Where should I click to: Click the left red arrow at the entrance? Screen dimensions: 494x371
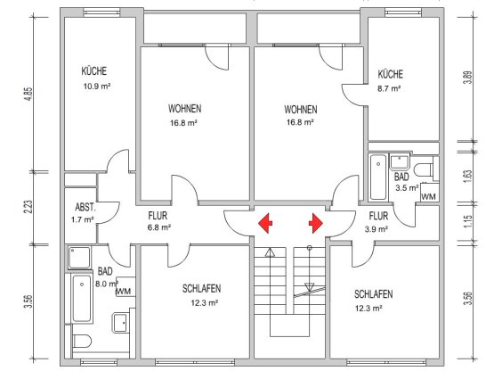265,223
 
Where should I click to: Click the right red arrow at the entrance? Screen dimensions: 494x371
316,223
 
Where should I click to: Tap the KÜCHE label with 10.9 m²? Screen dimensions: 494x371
93,70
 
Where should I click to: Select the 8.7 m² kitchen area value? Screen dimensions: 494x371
389,88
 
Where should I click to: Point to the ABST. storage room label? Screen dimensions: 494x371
85,208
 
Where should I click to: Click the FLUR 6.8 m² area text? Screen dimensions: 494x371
159,227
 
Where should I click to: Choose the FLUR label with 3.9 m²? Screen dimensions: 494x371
378,216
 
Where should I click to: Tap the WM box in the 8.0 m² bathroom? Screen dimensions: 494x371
126,286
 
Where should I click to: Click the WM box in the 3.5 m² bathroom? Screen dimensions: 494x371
430,193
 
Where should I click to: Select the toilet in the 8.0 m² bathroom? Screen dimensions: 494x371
82,342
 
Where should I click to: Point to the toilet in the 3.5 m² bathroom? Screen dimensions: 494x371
424,169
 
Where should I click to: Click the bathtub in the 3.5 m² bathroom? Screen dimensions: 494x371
378,177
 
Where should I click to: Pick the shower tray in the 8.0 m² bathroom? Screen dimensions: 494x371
79,258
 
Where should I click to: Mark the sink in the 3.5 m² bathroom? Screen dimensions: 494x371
400,162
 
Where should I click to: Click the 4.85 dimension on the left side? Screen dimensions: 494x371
28,94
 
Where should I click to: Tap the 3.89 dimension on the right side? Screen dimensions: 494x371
468,77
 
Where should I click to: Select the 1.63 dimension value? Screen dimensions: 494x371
468,177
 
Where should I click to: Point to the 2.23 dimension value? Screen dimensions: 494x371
28,207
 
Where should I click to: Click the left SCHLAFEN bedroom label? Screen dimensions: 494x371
202,288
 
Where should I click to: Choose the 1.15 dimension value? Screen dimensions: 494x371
468,222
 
